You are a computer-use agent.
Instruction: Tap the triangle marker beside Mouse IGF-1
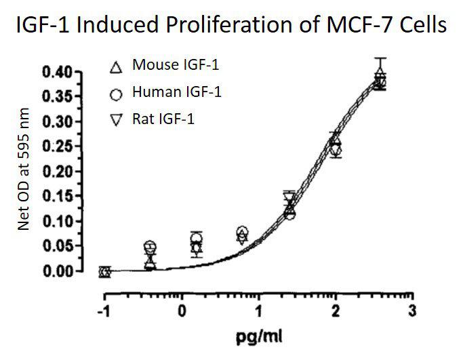click(x=116, y=66)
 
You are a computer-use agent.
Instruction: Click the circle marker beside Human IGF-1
click(x=116, y=93)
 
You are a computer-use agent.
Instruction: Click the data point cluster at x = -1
click(x=104, y=271)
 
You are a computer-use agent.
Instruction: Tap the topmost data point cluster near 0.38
click(x=380, y=80)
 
